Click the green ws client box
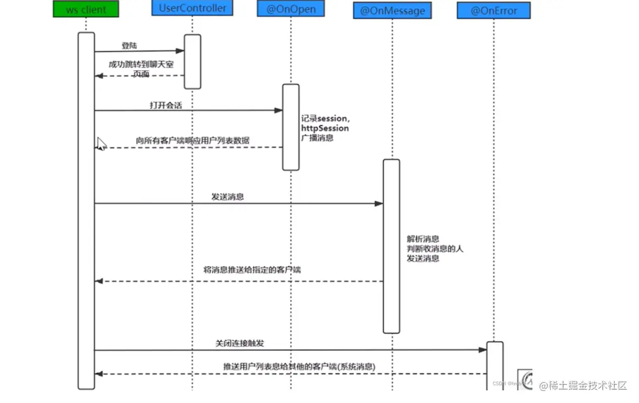click(86, 9)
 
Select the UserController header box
click(192, 8)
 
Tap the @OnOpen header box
click(290, 9)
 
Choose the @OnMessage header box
click(392, 10)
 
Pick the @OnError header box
click(493, 10)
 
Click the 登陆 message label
click(129, 46)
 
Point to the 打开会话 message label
click(165, 105)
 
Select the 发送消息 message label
click(227, 197)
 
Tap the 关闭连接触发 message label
click(240, 343)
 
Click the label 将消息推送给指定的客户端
click(252, 270)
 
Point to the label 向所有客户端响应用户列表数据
click(192, 141)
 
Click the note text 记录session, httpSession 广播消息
click(325, 128)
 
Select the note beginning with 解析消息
click(435, 248)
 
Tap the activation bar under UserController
click(192, 61)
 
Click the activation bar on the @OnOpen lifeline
click(291, 127)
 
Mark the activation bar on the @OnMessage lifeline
click(391, 246)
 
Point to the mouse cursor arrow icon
click(102, 144)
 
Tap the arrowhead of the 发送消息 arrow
click(379, 204)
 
